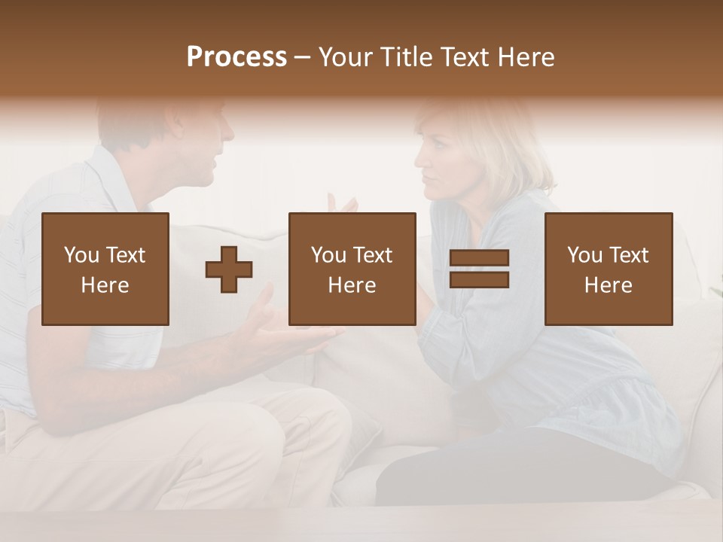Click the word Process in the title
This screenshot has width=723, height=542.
pyautogui.click(x=236, y=57)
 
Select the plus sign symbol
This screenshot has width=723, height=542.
pyautogui.click(x=229, y=269)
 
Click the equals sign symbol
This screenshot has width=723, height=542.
pyautogui.click(x=479, y=269)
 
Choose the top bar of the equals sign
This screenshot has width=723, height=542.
pyautogui.click(x=479, y=258)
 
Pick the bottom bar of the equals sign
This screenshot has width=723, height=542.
pyautogui.click(x=479, y=280)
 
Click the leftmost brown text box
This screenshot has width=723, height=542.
pyautogui.click(x=105, y=269)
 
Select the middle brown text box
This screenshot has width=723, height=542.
pyautogui.click(x=352, y=269)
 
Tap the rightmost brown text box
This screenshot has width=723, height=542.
pyautogui.click(x=608, y=269)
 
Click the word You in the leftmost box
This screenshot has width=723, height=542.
pyautogui.click(x=81, y=255)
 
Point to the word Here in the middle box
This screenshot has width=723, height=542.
pyautogui.click(x=352, y=285)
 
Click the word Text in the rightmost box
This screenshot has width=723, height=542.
pyautogui.click(x=629, y=255)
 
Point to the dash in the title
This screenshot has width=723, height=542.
pyautogui.click(x=303, y=58)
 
